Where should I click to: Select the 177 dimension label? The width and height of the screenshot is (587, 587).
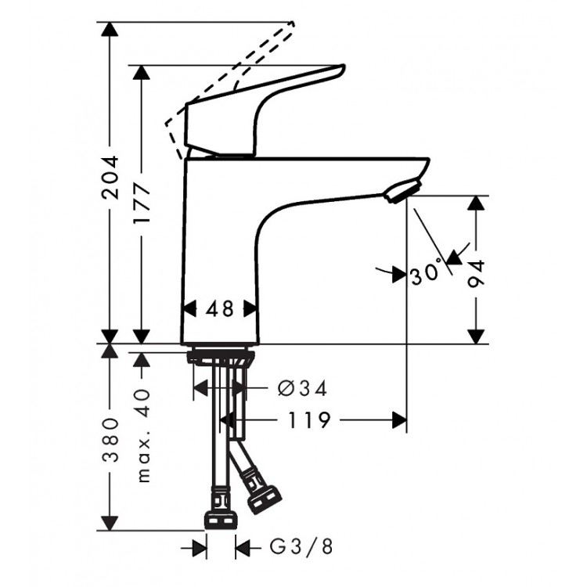(142, 206)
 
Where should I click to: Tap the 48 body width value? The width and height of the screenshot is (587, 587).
(220, 309)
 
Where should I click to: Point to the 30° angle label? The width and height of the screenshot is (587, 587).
(427, 275)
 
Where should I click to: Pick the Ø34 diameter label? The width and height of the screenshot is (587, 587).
(301, 388)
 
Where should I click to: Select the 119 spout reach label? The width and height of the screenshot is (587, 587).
(307, 421)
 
